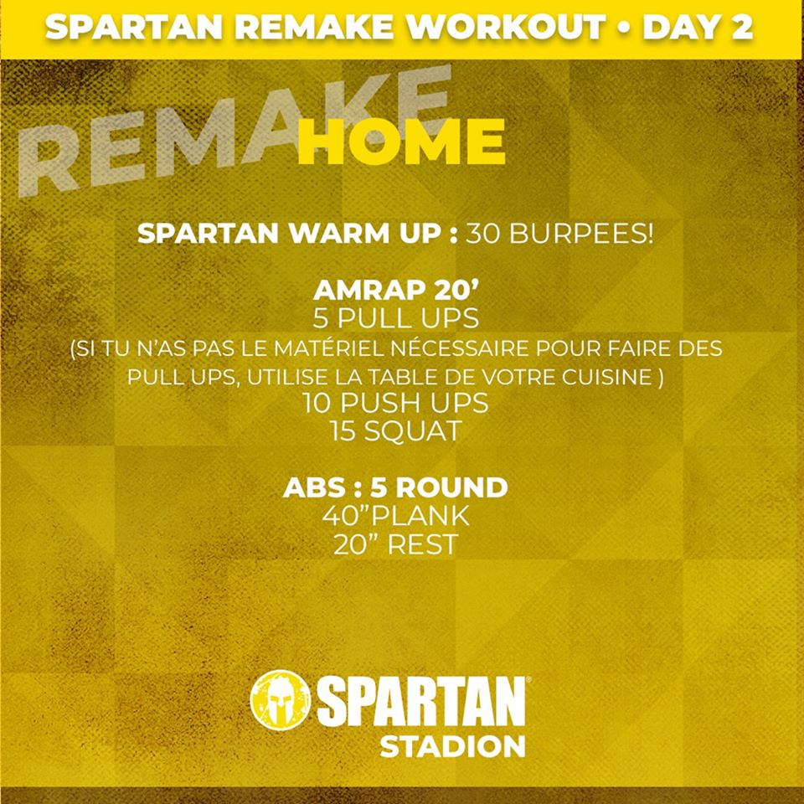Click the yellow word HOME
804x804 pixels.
click(401, 141)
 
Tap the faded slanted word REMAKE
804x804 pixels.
click(234, 131)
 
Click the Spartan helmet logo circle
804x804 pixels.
click(280, 699)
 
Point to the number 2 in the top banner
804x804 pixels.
click(741, 27)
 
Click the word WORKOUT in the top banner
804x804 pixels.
click(506, 27)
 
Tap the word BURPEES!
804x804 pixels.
click(581, 234)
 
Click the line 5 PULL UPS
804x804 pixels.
click(396, 318)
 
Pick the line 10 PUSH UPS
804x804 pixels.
click(396, 403)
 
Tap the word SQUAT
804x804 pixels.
click(413, 430)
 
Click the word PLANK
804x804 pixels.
click(420, 515)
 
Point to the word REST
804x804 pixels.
click(422, 544)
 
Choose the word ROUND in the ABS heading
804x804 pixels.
click(451, 487)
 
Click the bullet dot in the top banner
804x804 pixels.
click(624, 28)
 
